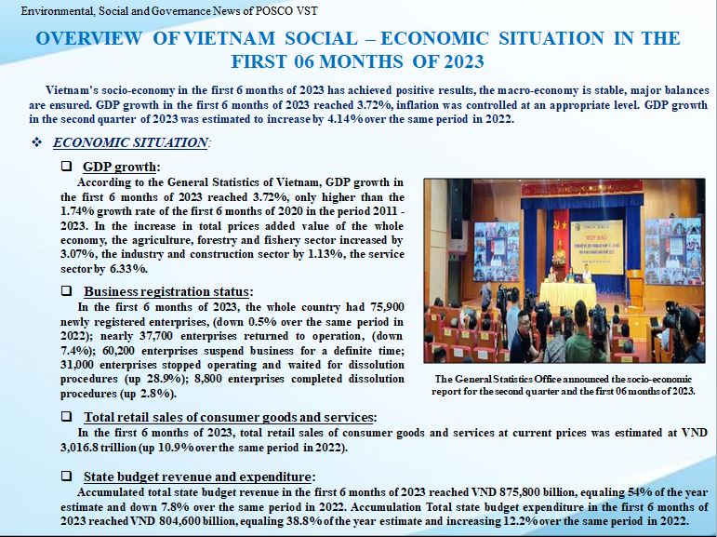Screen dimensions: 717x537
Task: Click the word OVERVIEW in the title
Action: [x=88, y=38]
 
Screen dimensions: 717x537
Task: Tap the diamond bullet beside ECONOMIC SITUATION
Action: [x=36, y=142]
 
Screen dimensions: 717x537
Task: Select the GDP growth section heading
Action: [x=121, y=167]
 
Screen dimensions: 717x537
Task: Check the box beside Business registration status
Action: [x=66, y=290]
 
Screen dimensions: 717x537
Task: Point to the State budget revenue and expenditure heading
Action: [x=199, y=477]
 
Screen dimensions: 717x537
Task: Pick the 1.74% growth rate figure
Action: [x=77, y=211]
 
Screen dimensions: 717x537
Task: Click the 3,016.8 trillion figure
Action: [x=99, y=448]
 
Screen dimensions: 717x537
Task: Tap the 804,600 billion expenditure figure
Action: [x=195, y=521]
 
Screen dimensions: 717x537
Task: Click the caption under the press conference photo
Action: [x=564, y=385]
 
